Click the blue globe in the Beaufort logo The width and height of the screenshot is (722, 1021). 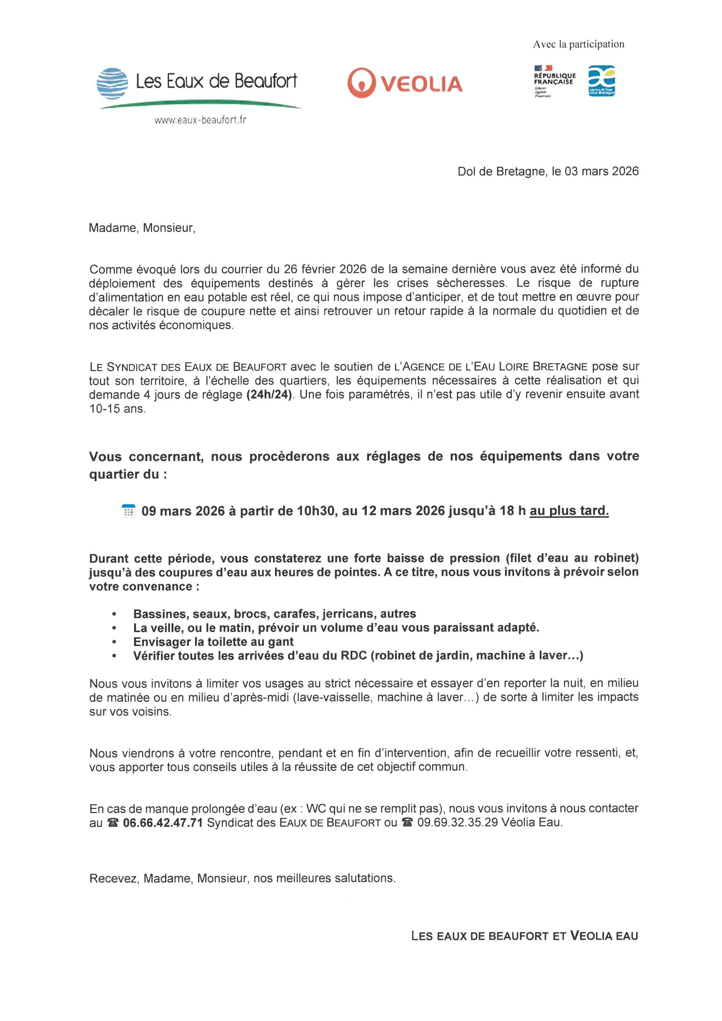(x=112, y=83)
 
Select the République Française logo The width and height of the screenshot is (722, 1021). (x=554, y=80)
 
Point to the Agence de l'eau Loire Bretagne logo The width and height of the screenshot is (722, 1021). (x=601, y=81)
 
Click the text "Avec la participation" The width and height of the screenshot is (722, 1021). (x=578, y=44)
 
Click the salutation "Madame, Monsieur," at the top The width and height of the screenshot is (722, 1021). (x=142, y=228)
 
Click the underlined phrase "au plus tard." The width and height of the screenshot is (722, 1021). (x=569, y=511)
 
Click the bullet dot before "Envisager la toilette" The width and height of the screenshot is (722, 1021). (x=114, y=642)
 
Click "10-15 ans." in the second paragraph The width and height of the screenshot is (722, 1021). (x=117, y=409)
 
